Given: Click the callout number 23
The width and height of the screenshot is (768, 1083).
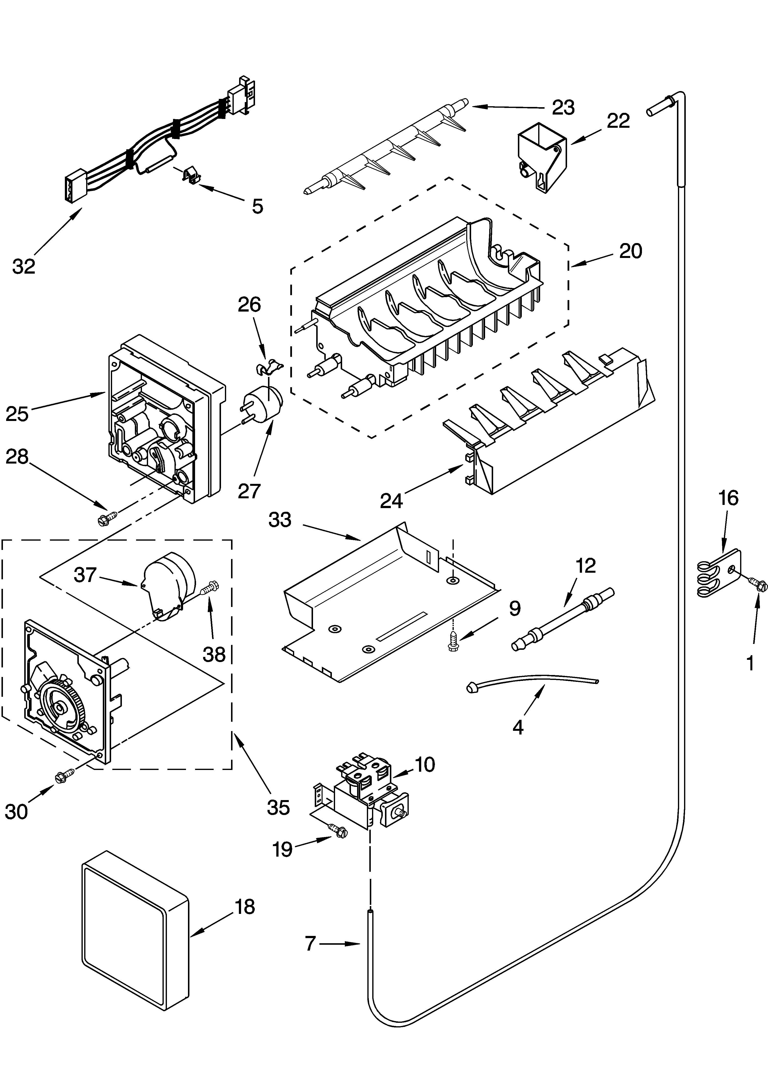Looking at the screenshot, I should [x=563, y=108].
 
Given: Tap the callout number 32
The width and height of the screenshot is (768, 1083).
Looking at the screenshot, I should [x=24, y=267].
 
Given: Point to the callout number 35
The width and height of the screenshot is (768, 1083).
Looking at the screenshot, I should [x=278, y=807].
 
